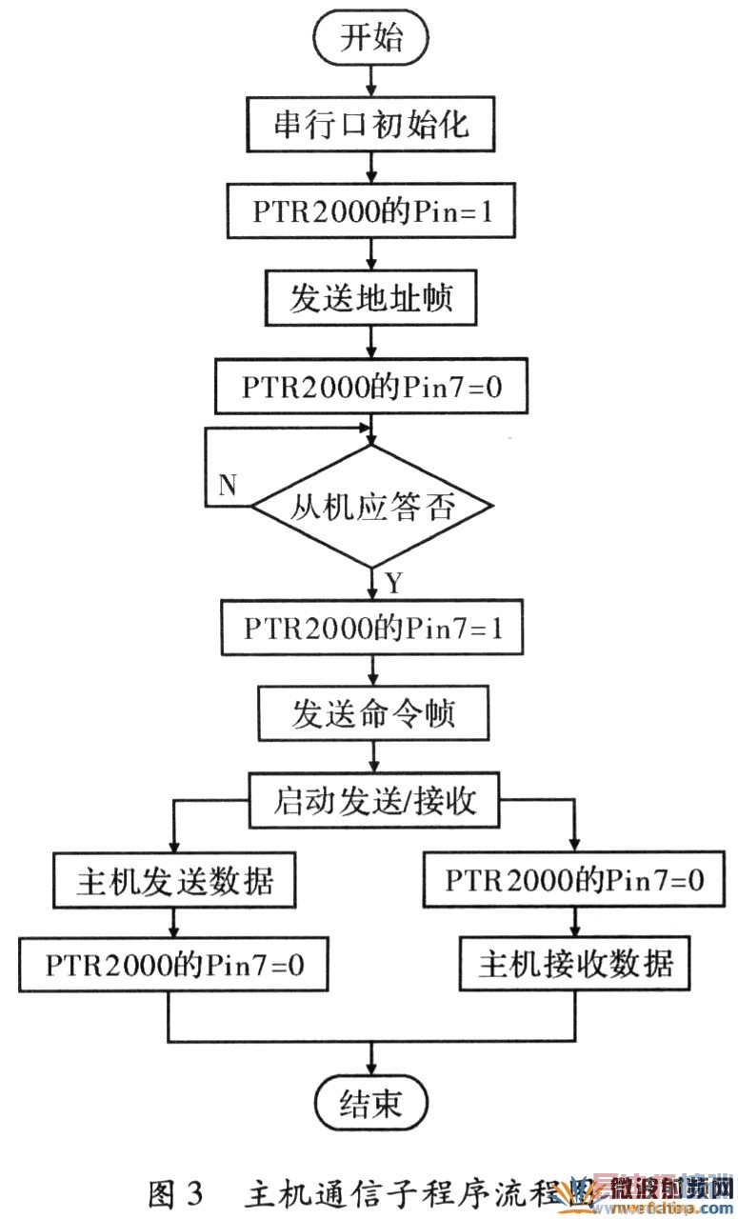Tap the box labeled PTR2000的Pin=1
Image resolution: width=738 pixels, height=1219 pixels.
click(x=370, y=211)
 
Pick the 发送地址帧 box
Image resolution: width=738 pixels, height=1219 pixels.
click(x=370, y=299)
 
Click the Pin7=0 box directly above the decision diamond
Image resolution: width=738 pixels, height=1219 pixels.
click(x=370, y=387)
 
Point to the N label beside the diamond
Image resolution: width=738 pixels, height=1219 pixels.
click(x=227, y=485)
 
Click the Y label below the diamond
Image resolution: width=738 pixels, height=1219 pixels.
click(x=392, y=581)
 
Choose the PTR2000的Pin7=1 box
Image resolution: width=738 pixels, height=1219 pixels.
click(x=371, y=628)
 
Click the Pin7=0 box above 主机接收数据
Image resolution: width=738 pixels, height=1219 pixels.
click(x=575, y=881)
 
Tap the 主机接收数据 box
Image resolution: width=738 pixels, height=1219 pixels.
click(x=575, y=965)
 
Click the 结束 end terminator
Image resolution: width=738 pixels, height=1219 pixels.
click(x=371, y=1104)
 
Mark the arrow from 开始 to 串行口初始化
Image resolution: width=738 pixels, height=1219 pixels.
click(x=370, y=82)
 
